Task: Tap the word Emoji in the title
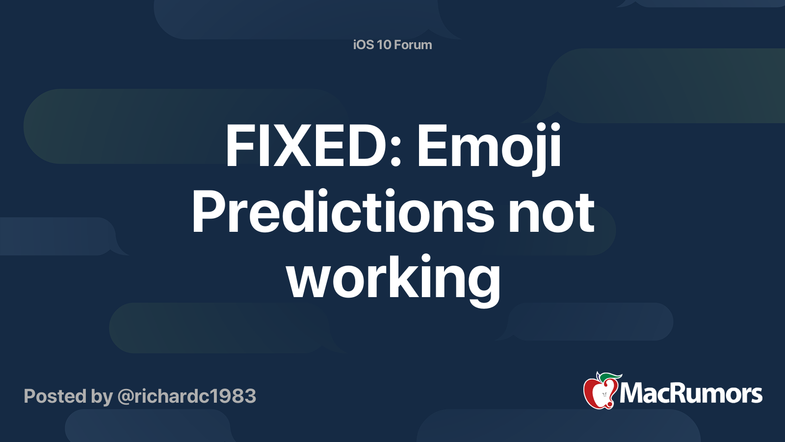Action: coord(489,146)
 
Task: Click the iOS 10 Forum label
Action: coord(392,45)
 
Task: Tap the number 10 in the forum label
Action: coord(384,45)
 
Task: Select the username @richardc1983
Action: coord(186,396)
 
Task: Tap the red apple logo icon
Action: coord(600,392)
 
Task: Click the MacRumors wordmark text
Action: coord(691,393)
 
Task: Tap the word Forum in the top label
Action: coord(413,45)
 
